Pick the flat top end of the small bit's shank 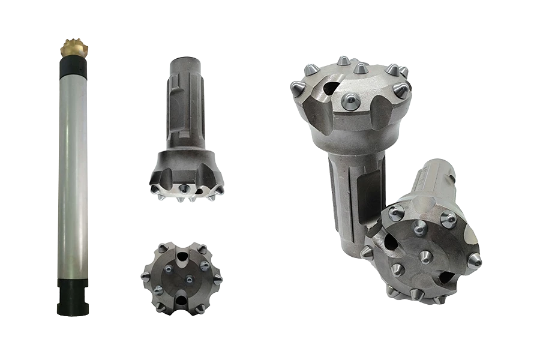click(187, 58)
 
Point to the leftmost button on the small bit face click(145, 277)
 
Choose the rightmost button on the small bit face click(218, 280)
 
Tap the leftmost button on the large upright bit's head click(297, 88)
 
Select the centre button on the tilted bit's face click(424, 257)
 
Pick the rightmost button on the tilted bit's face click(475, 259)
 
